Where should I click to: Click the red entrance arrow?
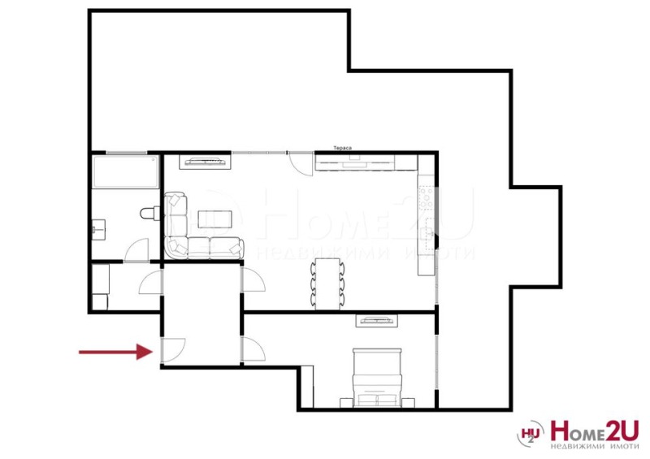(x=115, y=352)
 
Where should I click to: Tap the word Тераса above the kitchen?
(x=341, y=148)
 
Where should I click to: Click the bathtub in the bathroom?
(x=125, y=171)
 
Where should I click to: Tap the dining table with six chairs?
(x=327, y=282)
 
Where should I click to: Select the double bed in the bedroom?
(x=377, y=375)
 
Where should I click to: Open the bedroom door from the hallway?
(x=253, y=350)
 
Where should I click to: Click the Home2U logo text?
(x=594, y=429)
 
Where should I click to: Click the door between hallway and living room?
(x=252, y=278)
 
